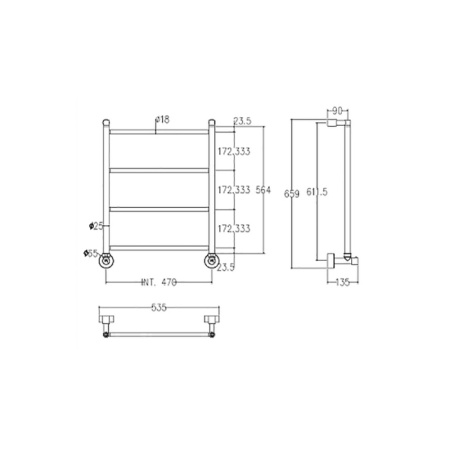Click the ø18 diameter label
[x=161, y=120]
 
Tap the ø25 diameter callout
[x=95, y=225]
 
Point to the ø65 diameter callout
[x=92, y=253]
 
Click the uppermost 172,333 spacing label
[x=232, y=152]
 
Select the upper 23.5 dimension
[x=241, y=120]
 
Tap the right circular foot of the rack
[x=212, y=261]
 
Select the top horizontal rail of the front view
[x=160, y=132]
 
